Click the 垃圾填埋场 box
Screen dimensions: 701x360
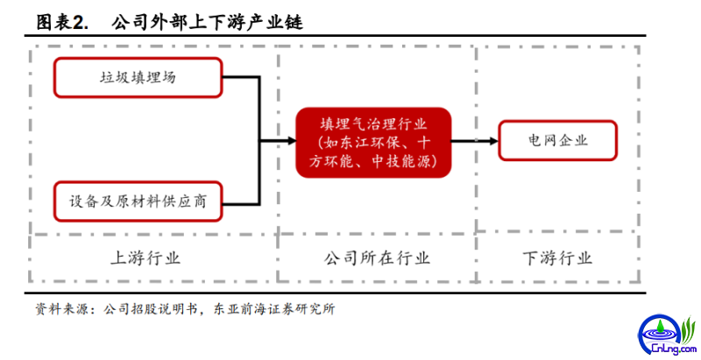138,78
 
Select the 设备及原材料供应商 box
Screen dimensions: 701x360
138,201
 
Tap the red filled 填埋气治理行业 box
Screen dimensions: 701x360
374,143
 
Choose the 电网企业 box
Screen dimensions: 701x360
557,141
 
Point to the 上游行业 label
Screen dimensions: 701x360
145,258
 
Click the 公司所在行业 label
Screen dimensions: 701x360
377,258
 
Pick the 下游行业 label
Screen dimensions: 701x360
557,258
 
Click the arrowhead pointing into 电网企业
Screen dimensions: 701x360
493,141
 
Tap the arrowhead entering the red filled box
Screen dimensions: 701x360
292,141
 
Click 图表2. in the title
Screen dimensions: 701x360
62,22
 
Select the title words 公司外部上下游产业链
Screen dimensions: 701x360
208,22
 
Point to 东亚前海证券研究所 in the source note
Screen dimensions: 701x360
274,309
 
